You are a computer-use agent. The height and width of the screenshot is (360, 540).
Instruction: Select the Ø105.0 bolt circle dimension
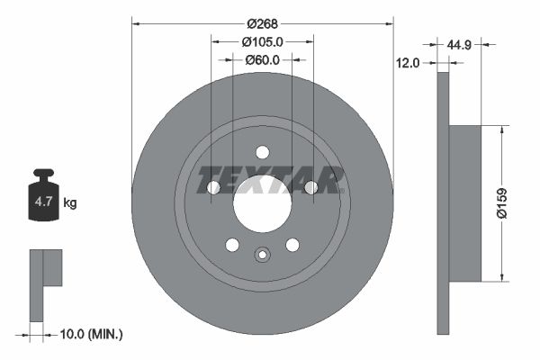tap(262, 41)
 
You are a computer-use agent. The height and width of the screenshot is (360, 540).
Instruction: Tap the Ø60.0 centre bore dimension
tap(262, 60)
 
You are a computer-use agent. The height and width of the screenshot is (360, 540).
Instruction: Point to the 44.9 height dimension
tap(460, 42)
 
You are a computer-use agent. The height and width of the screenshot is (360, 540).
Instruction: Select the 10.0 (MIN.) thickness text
tap(91, 334)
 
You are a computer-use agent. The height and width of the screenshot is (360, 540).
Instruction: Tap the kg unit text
tap(70, 203)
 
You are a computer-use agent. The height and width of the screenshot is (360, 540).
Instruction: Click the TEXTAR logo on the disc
tap(271, 180)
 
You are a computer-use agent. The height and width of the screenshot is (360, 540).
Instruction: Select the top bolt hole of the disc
tap(262, 152)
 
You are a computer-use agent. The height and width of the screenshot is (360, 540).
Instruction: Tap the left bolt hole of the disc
tap(214, 187)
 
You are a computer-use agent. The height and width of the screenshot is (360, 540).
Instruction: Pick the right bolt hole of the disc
tap(310, 187)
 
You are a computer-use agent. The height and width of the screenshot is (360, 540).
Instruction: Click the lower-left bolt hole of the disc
tap(232, 245)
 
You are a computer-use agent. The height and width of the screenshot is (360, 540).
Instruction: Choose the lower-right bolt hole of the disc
tap(292, 245)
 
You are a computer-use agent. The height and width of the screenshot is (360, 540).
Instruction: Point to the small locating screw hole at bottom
tap(262, 254)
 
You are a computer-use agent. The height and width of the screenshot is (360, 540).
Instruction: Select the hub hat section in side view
tap(464, 202)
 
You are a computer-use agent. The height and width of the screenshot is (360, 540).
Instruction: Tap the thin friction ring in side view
tap(442, 202)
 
